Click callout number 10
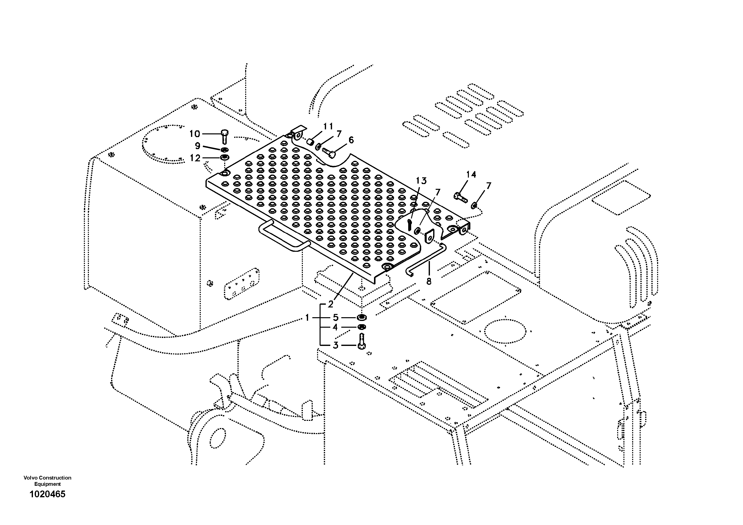point(195,134)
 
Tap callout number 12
point(195,158)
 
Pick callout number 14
point(471,175)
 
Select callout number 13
point(421,181)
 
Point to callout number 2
point(330,304)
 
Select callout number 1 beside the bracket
point(307,318)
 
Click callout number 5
point(335,318)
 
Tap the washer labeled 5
point(362,317)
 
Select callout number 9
point(197,146)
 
